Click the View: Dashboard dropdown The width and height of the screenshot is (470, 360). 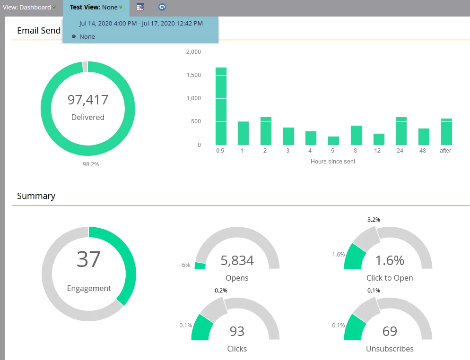pyautogui.click(x=29, y=8)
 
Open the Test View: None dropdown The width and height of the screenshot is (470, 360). pyautogui.click(x=96, y=8)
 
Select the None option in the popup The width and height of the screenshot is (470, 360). pyautogui.click(x=87, y=36)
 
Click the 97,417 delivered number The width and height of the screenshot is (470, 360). pyautogui.click(x=88, y=100)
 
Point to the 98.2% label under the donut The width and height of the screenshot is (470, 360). pyautogui.click(x=91, y=164)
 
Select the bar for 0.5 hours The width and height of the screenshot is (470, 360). pyautogui.click(x=221, y=106)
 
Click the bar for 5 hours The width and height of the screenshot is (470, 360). pyautogui.click(x=333, y=141)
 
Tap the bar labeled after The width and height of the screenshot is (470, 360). pyautogui.click(x=446, y=132)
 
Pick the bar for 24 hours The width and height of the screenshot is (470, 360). pyautogui.click(x=401, y=131)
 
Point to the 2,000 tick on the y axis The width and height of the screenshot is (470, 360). pyautogui.click(x=193, y=52)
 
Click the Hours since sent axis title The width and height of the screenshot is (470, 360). pyautogui.click(x=333, y=162)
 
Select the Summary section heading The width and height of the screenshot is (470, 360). pyautogui.click(x=36, y=196)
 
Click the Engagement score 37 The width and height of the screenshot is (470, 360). pyautogui.click(x=88, y=259)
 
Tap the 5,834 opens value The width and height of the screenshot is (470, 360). pyautogui.click(x=237, y=260)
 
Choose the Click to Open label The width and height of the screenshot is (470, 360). pyautogui.click(x=390, y=278)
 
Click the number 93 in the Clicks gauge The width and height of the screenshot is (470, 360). pyautogui.click(x=237, y=331)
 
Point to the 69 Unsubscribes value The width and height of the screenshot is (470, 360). pyautogui.click(x=390, y=331)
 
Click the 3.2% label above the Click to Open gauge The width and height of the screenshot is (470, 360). pyautogui.click(x=374, y=220)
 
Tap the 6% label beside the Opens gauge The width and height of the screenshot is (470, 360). pyautogui.click(x=186, y=265)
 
